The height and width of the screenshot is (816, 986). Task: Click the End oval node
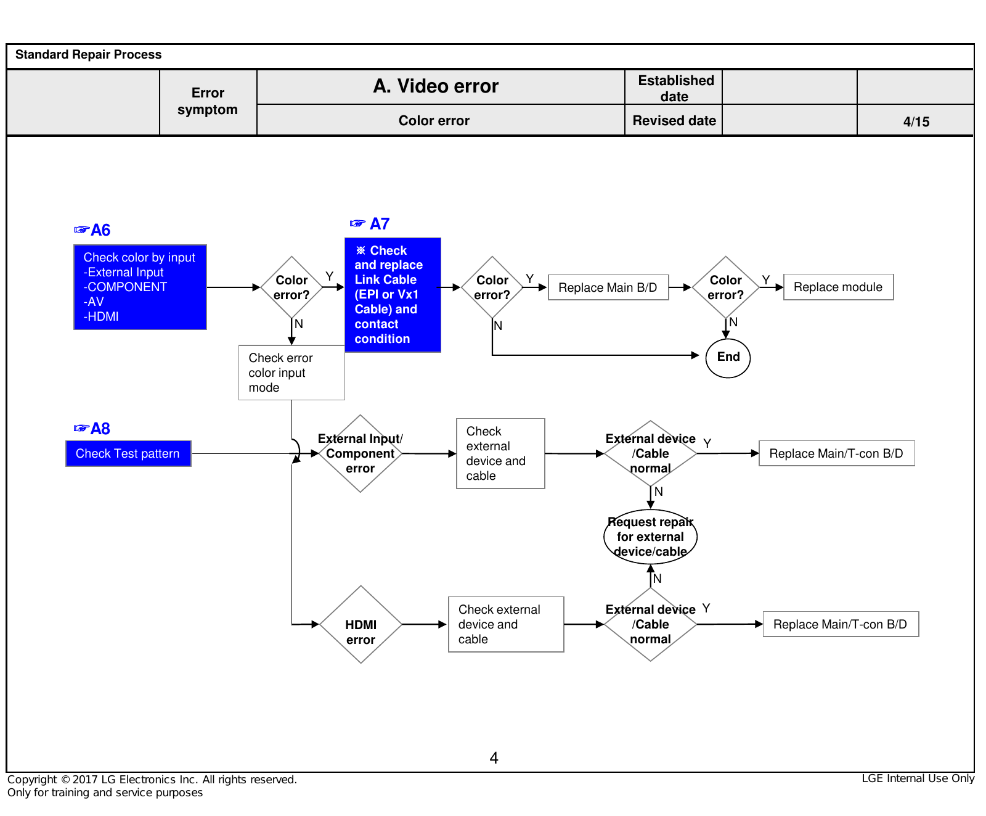tap(728, 358)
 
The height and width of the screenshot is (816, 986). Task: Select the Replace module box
tap(838, 287)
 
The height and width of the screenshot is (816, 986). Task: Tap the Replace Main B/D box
tap(608, 287)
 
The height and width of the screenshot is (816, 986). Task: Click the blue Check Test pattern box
tap(128, 453)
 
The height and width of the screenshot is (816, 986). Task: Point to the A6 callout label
tap(92, 230)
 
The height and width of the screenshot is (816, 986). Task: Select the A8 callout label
tap(92, 429)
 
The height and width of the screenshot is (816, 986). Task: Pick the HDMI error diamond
tap(361, 624)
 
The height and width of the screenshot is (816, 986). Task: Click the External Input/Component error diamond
tap(361, 453)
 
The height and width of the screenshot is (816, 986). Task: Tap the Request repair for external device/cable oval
tap(650, 537)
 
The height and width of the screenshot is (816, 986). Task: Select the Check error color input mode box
tap(291, 373)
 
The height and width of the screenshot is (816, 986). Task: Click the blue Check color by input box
tap(140, 287)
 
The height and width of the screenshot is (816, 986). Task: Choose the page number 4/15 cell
tap(916, 121)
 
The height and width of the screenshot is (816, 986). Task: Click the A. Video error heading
tap(436, 86)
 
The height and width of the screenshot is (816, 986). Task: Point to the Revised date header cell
tap(674, 120)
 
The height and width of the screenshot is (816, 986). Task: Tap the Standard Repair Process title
tap(88, 54)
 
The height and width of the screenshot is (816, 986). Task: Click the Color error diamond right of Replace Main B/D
tap(725, 287)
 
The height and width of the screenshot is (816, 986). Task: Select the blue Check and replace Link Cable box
tap(393, 295)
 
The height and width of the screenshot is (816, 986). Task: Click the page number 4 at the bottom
tap(494, 757)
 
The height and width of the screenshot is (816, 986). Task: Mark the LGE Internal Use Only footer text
tap(918, 778)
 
